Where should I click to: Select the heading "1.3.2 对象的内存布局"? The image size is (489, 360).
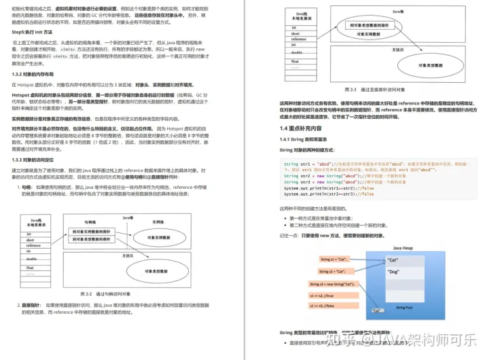38,74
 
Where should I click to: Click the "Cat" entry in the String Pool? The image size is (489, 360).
394,260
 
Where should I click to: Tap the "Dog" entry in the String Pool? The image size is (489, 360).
394,272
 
